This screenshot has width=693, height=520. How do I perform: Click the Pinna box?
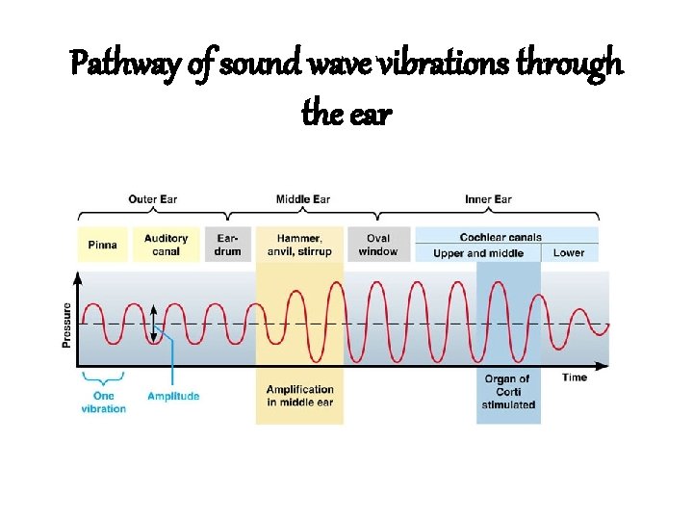point(102,245)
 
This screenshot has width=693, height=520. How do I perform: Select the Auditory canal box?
point(166,245)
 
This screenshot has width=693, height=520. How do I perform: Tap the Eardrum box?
point(228,245)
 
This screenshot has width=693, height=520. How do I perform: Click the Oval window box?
point(377,245)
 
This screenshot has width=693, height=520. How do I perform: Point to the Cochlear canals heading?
point(500,237)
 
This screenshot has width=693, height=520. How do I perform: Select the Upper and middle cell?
point(478,253)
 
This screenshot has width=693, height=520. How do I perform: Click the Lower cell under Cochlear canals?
point(569,253)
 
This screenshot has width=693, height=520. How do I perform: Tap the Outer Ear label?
point(153,199)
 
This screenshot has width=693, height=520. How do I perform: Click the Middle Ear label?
point(303,199)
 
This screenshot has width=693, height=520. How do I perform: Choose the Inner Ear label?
point(489,199)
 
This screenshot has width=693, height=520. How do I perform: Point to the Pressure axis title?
point(67,325)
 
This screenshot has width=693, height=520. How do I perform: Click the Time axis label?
point(575,377)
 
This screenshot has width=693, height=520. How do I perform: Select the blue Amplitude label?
point(173,396)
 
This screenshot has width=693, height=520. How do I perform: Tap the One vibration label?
point(103,402)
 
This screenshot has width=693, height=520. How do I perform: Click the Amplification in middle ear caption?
point(300,396)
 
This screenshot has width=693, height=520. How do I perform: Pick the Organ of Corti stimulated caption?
point(508,392)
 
